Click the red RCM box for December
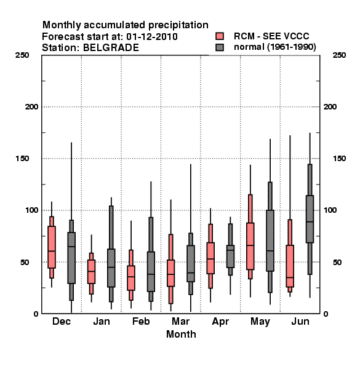coord(52,247)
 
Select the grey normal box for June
coord(310,219)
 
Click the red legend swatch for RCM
coord(220,36)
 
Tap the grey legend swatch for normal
coord(220,47)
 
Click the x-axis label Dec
coord(62,321)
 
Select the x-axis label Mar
coord(180,321)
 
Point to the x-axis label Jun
coord(300,321)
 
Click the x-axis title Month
coord(181,334)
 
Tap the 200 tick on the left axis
coord(31,107)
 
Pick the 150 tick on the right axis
coord(339,159)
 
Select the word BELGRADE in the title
coord(111,48)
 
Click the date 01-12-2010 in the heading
coord(152,37)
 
